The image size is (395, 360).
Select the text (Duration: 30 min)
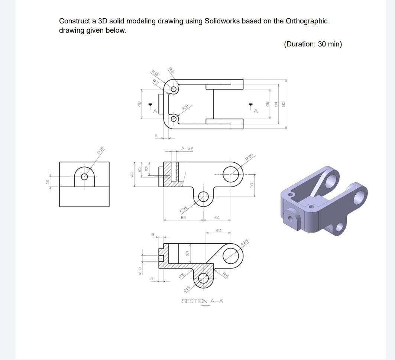click(313, 44)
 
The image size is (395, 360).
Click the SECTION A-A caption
click(202, 301)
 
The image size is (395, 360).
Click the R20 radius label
click(249, 157)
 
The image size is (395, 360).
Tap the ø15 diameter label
click(188, 288)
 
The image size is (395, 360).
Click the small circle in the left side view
click(84, 176)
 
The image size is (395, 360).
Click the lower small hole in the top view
click(174, 119)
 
